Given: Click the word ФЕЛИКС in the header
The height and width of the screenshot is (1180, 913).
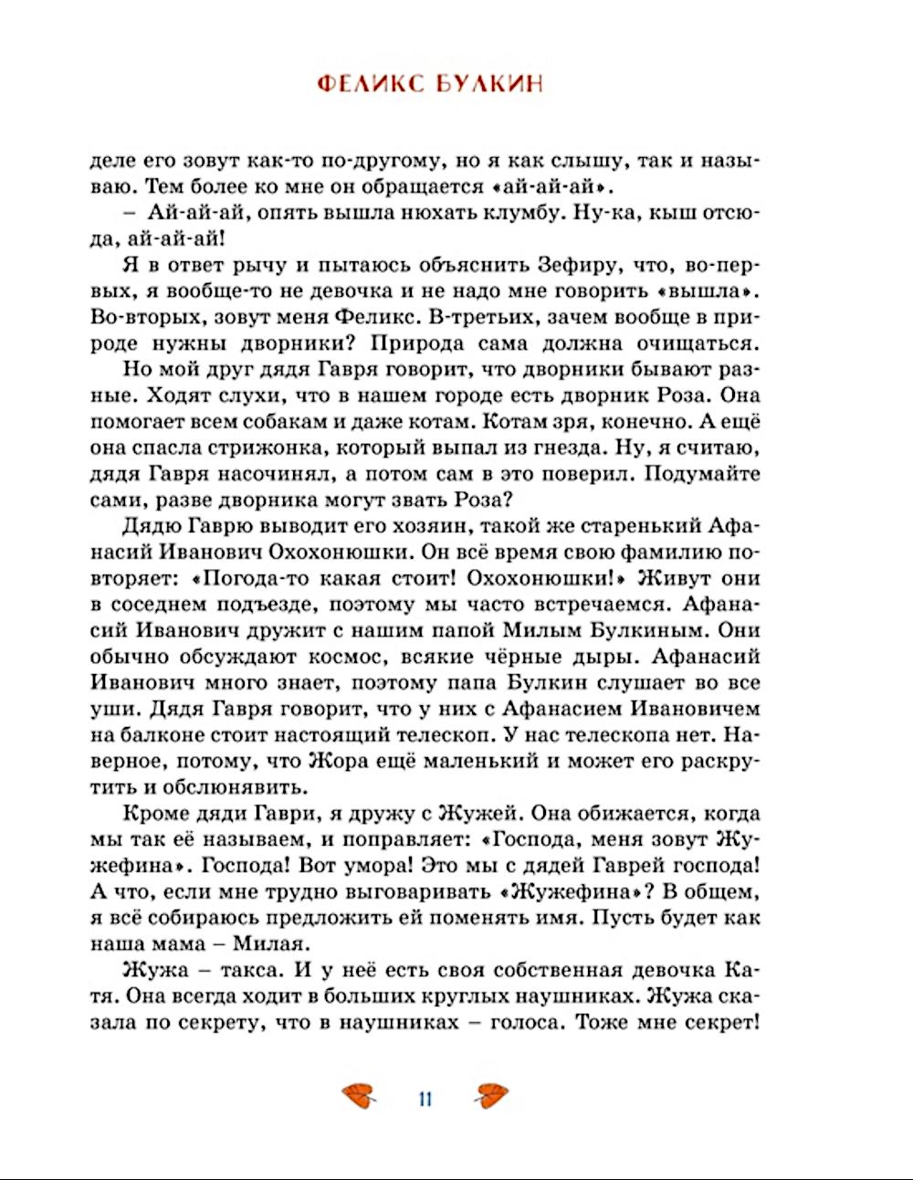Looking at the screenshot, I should coord(370,84).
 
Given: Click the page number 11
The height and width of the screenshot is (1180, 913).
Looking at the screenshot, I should coord(425,1098).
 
